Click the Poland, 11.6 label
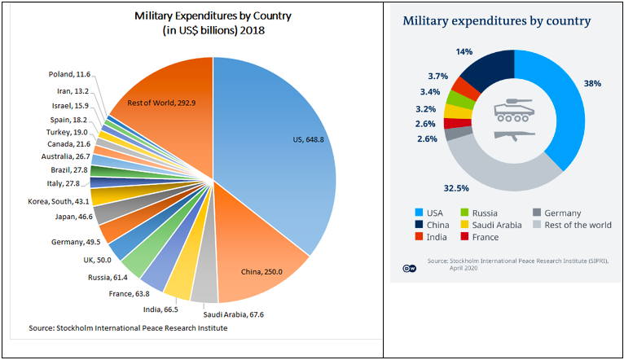(70, 75)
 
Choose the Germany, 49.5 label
(76, 241)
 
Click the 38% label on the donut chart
(593, 83)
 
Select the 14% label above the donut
(464, 51)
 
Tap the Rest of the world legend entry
(575, 225)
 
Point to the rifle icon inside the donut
(514, 133)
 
